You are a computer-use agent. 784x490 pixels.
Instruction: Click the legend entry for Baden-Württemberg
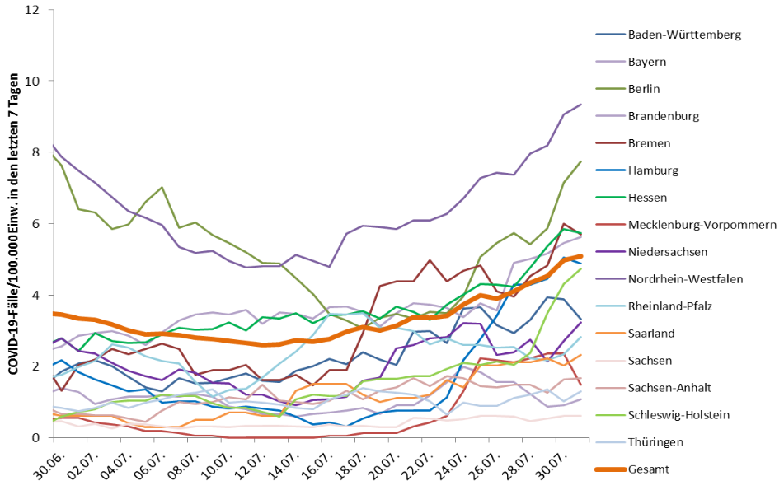[x=684, y=35]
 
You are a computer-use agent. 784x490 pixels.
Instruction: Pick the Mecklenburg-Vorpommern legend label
[x=702, y=224]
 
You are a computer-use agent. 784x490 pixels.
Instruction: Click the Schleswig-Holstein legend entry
[x=678, y=415]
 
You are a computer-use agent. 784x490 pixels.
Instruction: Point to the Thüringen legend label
[x=655, y=442]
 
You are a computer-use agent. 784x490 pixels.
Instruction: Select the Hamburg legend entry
[x=653, y=170]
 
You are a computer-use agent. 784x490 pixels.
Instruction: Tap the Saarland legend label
[x=652, y=333]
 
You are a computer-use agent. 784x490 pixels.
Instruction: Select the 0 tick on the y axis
[x=35, y=437]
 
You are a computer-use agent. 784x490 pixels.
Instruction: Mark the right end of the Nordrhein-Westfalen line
[x=581, y=105]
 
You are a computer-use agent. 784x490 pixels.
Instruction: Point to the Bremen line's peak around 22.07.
[x=430, y=260]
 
